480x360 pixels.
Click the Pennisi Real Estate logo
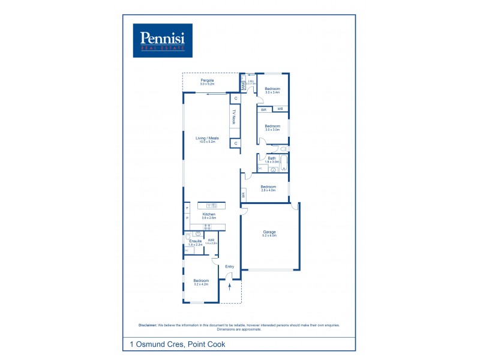point(162,40)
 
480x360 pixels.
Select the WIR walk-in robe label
point(211,241)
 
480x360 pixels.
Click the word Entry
point(229,266)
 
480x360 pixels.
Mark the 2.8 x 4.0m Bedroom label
point(268,188)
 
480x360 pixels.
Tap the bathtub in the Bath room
point(284,163)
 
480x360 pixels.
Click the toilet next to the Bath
point(284,148)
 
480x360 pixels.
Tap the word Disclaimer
point(148,325)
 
